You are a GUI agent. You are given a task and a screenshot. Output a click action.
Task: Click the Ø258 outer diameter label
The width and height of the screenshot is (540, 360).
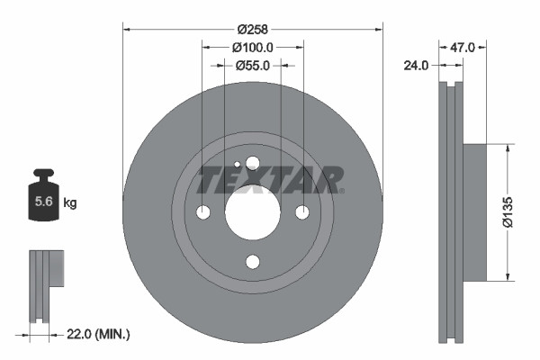tap(253, 28)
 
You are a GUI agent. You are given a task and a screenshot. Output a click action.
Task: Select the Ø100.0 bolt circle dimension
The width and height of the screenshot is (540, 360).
tap(253, 47)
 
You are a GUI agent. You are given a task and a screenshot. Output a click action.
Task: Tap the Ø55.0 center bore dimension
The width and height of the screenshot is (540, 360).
tap(253, 65)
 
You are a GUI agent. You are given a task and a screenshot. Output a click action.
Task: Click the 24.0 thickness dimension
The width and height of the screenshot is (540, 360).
tap(416, 65)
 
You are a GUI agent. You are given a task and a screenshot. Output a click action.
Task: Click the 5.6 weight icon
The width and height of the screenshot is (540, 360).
tap(43, 201)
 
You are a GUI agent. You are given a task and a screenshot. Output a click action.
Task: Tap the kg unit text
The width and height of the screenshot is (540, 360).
tap(70, 203)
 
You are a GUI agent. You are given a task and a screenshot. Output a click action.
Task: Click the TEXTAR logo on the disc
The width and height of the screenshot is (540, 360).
tap(270, 180)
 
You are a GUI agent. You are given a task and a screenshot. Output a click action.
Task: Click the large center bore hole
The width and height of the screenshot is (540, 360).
tap(252, 212)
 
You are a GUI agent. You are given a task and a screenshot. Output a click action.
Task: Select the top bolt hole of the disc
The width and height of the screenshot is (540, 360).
tap(252, 163)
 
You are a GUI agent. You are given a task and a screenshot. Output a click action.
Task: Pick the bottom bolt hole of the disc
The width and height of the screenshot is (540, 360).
tap(252, 262)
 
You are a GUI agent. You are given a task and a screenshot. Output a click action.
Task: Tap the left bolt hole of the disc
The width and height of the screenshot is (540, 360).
tap(202, 212)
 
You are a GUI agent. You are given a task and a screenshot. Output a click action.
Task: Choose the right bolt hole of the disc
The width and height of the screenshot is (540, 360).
tap(302, 212)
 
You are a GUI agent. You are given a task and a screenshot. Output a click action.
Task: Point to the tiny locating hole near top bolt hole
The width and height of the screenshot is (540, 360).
tap(237, 165)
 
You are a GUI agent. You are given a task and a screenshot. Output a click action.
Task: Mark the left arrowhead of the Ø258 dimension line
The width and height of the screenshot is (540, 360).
tap(126, 28)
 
